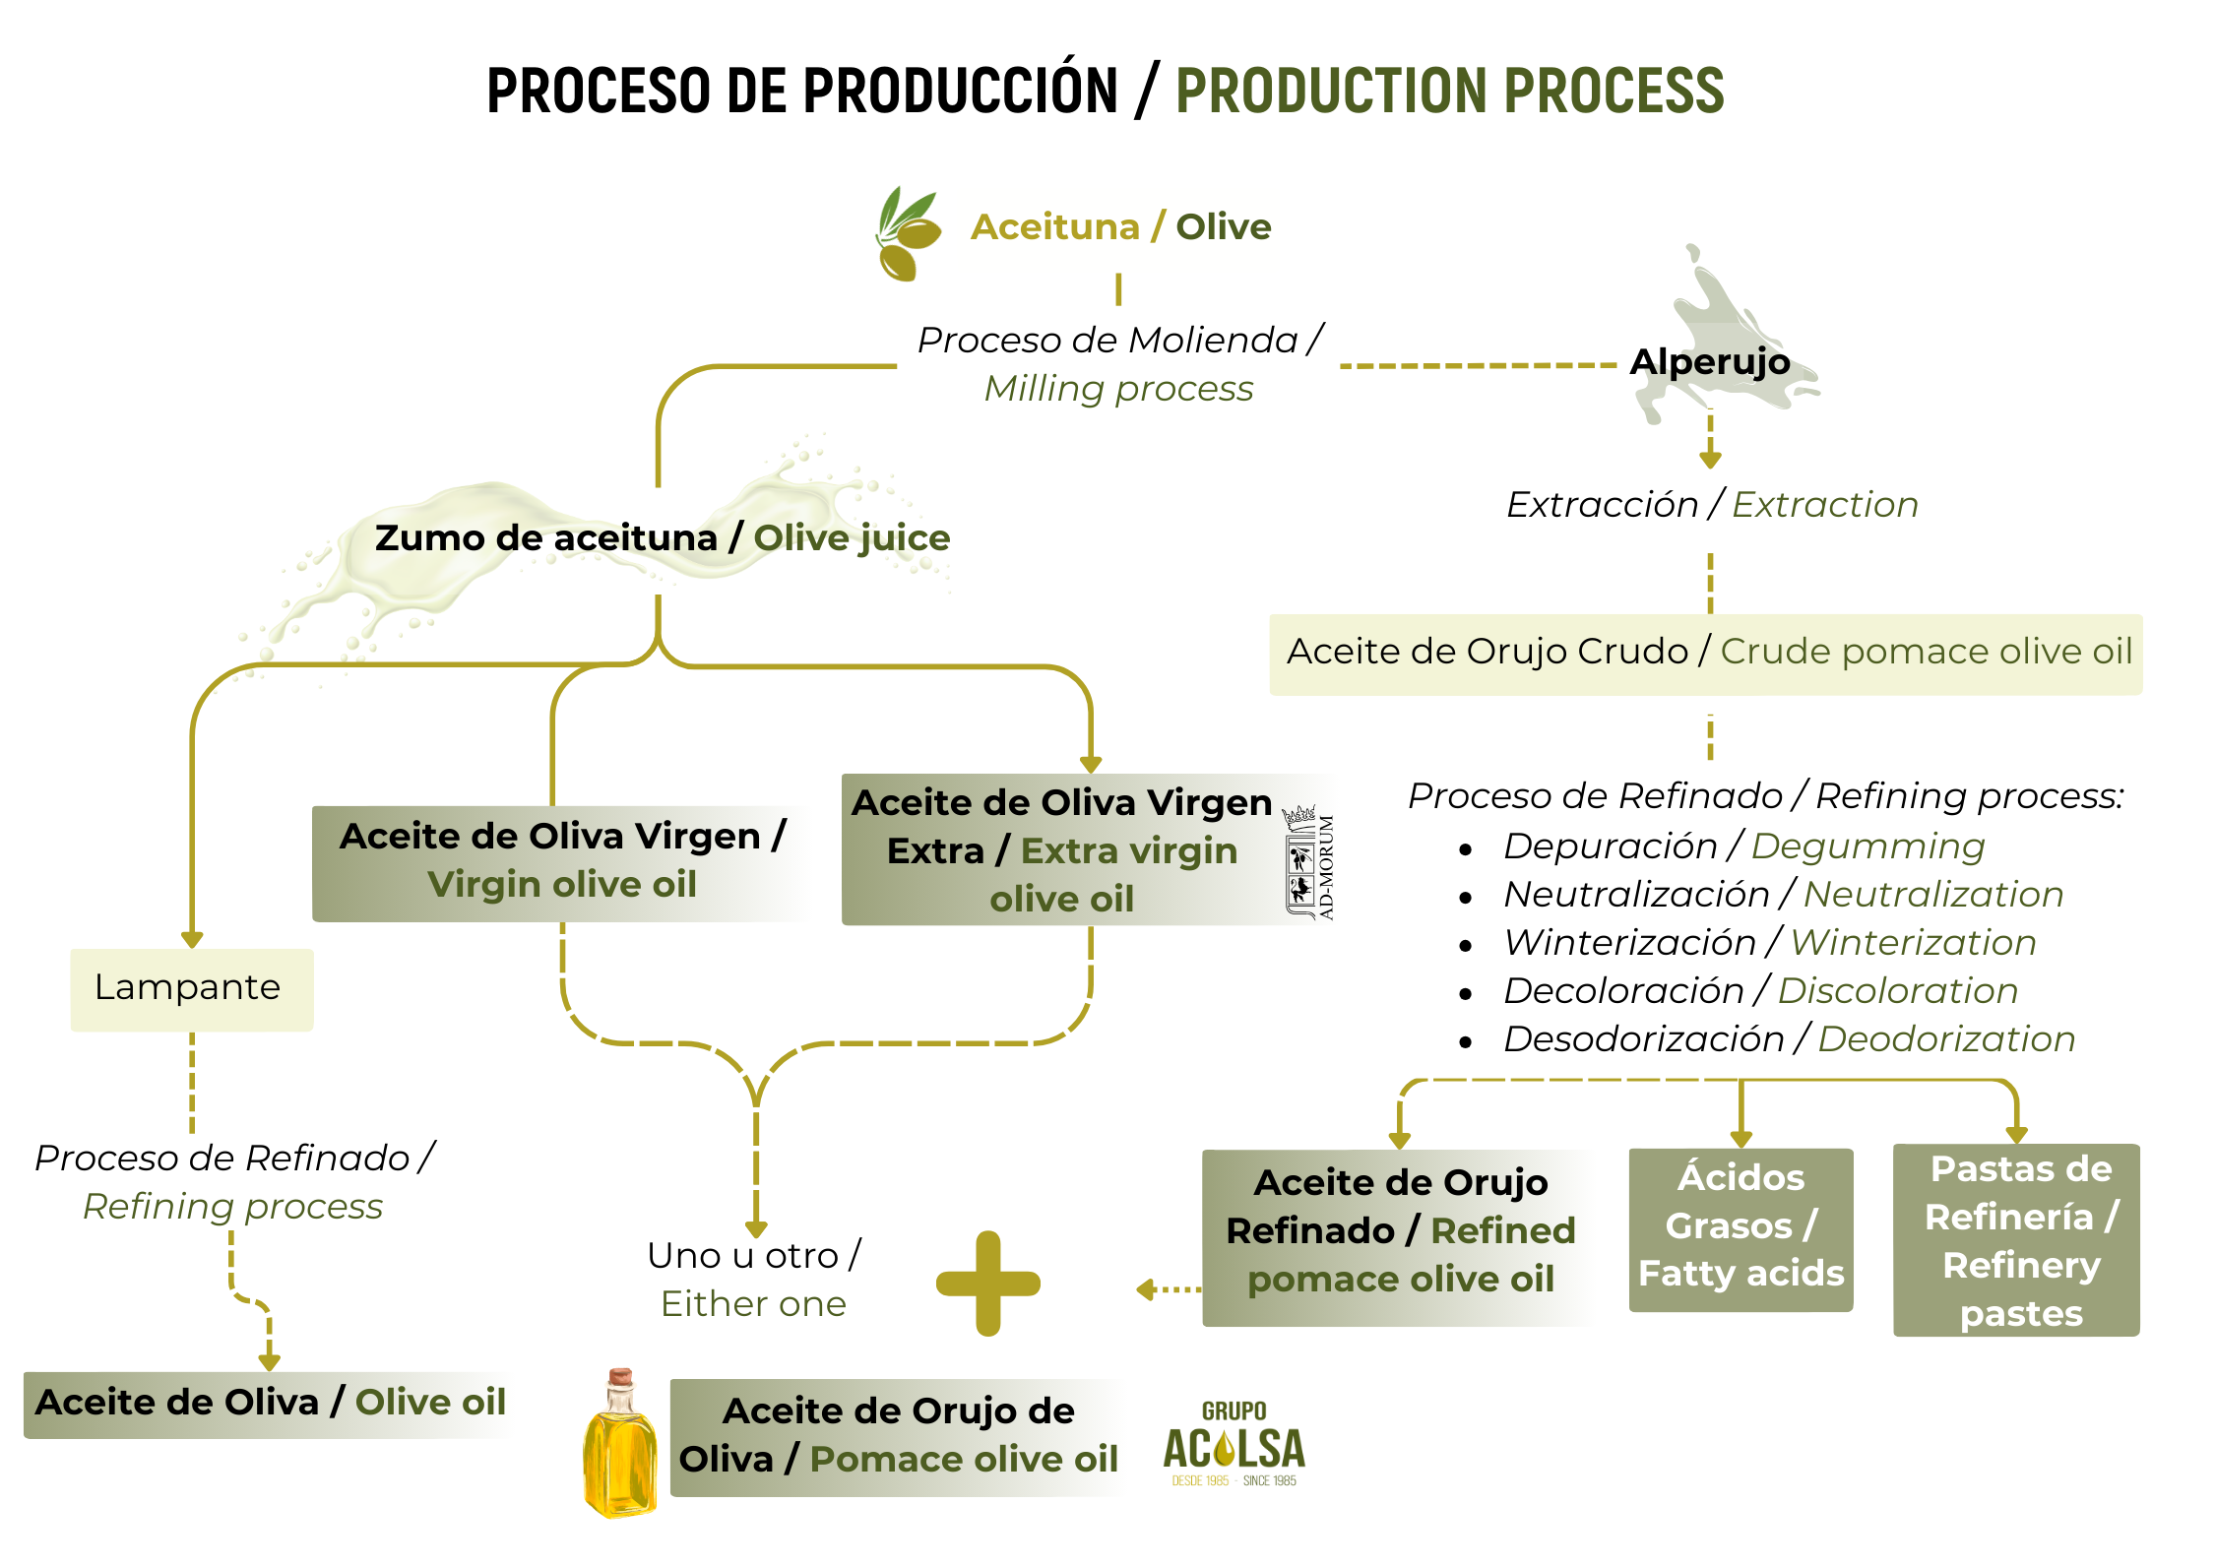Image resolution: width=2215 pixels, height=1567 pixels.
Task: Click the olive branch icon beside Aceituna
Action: pyautogui.click(x=908, y=233)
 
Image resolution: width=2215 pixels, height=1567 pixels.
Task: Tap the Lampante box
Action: pyautogui.click(x=192, y=988)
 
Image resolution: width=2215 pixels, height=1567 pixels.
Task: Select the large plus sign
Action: pyautogui.click(x=987, y=1283)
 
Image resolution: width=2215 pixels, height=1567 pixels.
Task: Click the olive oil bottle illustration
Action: pyautogui.click(x=620, y=1443)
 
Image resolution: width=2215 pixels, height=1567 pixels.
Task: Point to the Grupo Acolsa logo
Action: pyautogui.click(x=1234, y=1444)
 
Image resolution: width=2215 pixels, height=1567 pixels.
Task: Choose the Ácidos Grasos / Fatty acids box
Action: pyautogui.click(x=1740, y=1227)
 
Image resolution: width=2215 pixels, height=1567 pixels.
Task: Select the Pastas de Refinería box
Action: pyautogui.click(x=2016, y=1239)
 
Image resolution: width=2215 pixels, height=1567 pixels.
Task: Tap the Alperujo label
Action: pyautogui.click(x=1710, y=361)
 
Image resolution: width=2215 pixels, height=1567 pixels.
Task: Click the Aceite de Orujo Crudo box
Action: pyautogui.click(x=1705, y=653)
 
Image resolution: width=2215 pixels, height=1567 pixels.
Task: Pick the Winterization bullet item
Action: pyautogui.click(x=1769, y=943)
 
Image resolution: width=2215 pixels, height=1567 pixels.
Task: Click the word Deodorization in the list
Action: pyautogui.click(x=1946, y=1039)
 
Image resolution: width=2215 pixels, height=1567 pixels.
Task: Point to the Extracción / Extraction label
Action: pyautogui.click(x=1712, y=505)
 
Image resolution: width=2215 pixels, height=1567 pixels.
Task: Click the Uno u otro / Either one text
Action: pyautogui.click(x=754, y=1279)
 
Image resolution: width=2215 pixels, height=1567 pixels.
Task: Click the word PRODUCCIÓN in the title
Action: pyautogui.click(x=960, y=92)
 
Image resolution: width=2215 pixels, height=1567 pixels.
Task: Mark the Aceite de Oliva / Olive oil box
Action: pyautogui.click(x=269, y=1403)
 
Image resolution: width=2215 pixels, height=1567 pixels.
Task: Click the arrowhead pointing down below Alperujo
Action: pyautogui.click(x=1710, y=459)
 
